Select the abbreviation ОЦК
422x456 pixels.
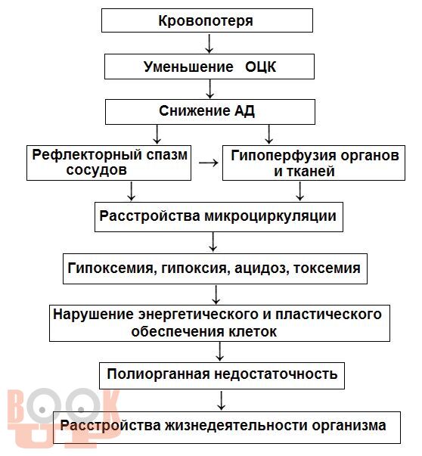[260, 67]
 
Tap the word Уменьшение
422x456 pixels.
[188, 67]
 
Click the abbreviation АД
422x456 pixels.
[244, 111]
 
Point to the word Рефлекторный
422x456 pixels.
[86, 155]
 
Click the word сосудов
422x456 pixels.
[96, 170]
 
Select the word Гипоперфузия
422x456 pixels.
[283, 156]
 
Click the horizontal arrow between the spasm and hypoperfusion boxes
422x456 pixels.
[209, 163]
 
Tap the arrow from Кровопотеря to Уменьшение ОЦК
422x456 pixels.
[209, 44]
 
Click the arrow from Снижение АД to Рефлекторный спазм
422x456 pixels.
[157, 135]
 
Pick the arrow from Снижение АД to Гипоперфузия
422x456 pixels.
[269, 135]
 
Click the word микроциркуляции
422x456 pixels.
[271, 216]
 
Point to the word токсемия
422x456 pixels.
[327, 268]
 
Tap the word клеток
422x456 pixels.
[253, 332]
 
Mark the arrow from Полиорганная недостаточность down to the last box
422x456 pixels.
[222, 401]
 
